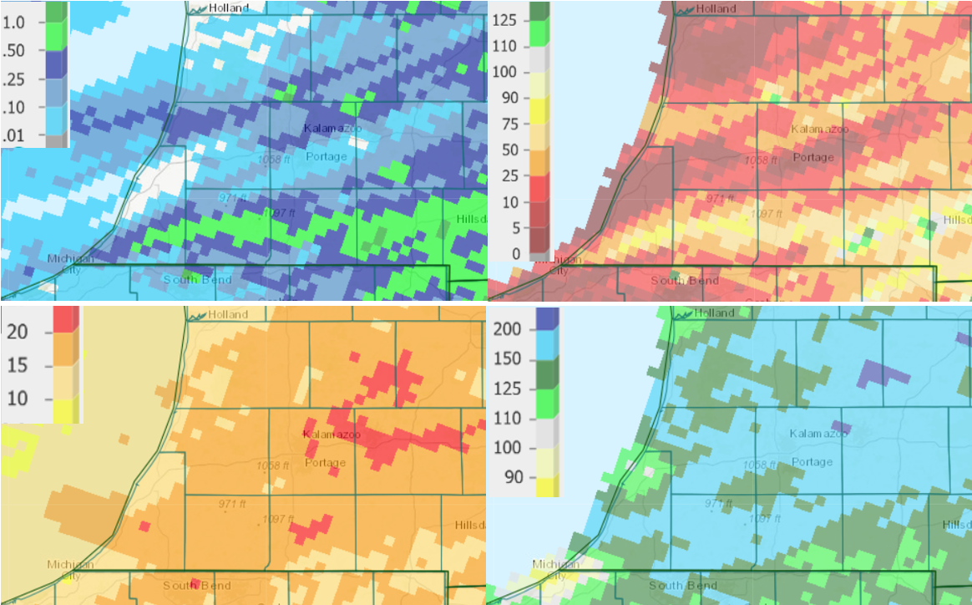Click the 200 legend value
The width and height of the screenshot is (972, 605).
(x=508, y=328)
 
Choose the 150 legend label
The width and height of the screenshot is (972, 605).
(x=508, y=359)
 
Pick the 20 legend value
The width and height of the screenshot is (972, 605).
(x=18, y=331)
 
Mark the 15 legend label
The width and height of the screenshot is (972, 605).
(x=18, y=364)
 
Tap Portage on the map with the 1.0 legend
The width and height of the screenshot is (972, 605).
(x=326, y=157)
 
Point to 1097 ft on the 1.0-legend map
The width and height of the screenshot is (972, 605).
(x=280, y=213)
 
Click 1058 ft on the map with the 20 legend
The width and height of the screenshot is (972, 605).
(x=273, y=465)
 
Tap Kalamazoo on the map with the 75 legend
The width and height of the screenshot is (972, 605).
(x=819, y=130)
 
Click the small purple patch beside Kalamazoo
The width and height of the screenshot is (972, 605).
(x=841, y=427)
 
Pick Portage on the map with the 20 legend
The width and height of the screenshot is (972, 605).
(x=326, y=463)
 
